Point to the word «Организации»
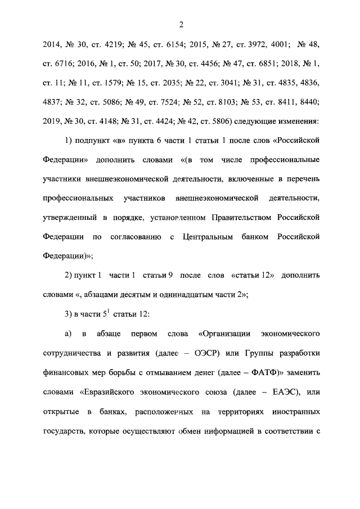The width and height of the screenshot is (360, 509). point(227,333)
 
